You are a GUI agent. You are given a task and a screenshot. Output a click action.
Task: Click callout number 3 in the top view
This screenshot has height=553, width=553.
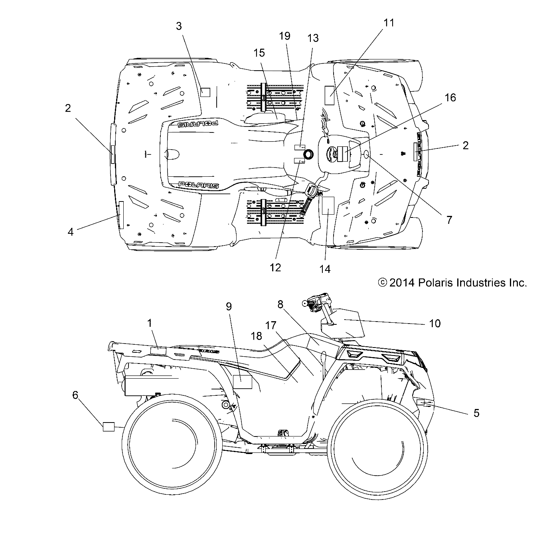point(179,26)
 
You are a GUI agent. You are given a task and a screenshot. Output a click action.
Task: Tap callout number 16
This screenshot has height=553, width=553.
point(450,98)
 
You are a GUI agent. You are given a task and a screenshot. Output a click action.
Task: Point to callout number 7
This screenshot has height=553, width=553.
point(449,220)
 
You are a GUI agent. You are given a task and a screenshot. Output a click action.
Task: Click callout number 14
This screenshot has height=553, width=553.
point(325,269)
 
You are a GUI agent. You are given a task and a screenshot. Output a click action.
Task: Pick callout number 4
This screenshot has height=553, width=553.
point(71,231)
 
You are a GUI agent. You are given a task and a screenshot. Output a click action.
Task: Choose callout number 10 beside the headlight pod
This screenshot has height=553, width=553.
point(435,323)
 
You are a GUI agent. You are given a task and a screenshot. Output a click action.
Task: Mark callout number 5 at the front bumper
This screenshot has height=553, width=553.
point(476,413)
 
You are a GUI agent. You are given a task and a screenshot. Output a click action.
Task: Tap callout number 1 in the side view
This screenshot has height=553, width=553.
point(150,323)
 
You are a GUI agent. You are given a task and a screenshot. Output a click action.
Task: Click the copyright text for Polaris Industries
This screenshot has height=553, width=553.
point(452,283)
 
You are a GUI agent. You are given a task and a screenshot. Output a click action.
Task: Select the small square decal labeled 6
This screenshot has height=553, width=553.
point(109,426)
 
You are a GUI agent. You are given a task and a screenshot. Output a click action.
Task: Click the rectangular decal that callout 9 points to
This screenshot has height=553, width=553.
point(242,382)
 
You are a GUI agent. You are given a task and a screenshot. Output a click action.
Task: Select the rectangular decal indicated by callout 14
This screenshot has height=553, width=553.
point(328,205)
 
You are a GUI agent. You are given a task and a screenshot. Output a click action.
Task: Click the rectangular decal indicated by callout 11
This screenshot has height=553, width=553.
point(330,95)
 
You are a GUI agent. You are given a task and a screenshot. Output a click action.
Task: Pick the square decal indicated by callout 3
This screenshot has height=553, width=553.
point(205,93)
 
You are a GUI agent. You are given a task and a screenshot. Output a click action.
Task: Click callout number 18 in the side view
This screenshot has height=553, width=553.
point(257,336)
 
